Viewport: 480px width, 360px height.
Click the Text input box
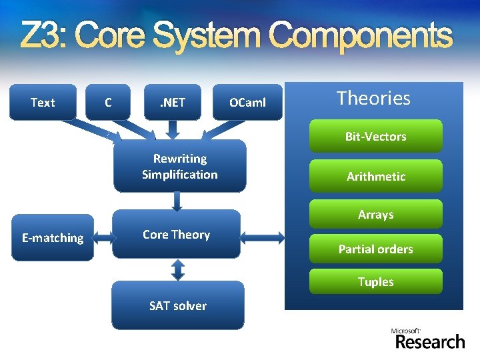pos(43,102)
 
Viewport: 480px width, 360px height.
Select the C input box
pos(108,102)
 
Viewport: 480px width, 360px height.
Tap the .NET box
pos(172,102)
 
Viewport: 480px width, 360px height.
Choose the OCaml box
pos(247,102)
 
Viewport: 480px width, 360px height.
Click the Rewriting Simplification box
pos(179,167)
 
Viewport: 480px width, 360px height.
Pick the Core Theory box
pos(176,234)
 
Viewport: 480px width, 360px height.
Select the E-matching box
pos(53,237)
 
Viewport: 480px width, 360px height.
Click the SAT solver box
pos(177,305)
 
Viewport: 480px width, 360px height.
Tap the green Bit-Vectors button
pos(375,136)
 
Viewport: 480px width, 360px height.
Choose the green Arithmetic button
pos(375,176)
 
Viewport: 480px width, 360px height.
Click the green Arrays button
pos(375,214)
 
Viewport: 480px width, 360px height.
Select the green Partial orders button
pos(375,249)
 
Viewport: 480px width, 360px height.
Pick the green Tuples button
pos(375,281)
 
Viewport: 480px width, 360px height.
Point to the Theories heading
pos(373,98)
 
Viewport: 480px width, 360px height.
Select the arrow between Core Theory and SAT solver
pos(177,269)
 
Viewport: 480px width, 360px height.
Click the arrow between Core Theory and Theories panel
pos(262,235)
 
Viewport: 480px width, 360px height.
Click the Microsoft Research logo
pos(429,338)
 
